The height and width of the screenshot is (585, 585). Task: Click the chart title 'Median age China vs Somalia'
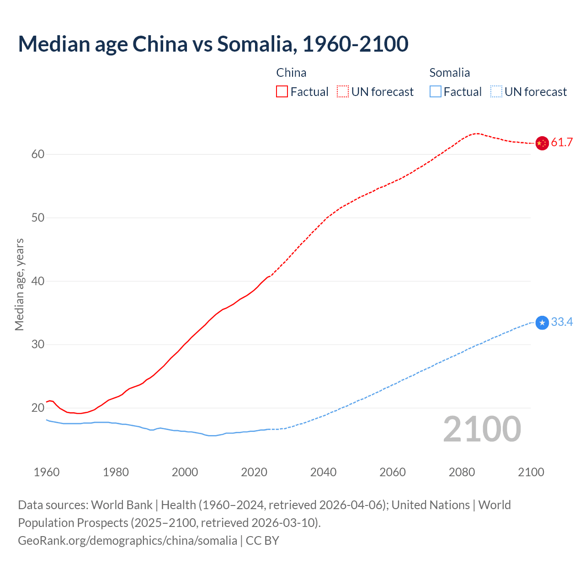pos(213,44)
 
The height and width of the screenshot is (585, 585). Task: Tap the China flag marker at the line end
pos(542,143)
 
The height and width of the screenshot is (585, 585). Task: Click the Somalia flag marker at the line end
pos(542,323)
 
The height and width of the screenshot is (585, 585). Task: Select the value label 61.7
pos(562,143)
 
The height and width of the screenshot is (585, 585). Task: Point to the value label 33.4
pos(562,322)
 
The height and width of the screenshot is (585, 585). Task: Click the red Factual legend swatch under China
pos(282,92)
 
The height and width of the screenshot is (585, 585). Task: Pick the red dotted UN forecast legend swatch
pos(343,92)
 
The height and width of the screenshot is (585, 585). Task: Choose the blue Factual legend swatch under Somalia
pos(436,92)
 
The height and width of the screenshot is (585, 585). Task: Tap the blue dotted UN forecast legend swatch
pos(496,92)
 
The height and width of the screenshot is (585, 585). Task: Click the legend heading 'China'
pos(291,73)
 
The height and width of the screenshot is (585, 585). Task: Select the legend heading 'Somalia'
pos(449,73)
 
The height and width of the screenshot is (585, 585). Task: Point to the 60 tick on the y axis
pos(38,154)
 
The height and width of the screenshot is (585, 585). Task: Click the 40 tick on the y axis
pos(38,281)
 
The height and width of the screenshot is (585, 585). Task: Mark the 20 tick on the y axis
pos(38,408)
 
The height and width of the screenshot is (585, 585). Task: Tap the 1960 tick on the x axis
pos(47,472)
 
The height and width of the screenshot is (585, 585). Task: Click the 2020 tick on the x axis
pos(254,472)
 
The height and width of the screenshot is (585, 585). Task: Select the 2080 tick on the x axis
pos(462,472)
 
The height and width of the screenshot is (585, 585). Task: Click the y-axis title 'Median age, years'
pos(19,284)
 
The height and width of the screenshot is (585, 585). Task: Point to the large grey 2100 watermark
pos(482,429)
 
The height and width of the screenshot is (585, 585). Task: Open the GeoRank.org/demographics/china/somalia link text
pos(128,541)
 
